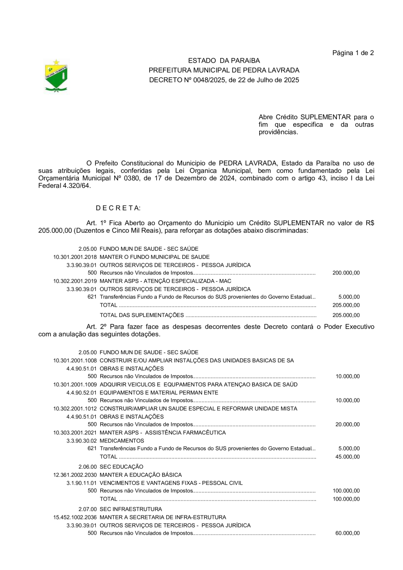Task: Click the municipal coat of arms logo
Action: coord(56,76)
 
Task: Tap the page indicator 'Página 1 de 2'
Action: coord(353,53)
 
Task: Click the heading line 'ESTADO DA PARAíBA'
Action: coord(223,61)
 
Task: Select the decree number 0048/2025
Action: coord(207,80)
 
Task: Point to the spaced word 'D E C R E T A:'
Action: coord(118,208)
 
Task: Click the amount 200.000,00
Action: coord(346,273)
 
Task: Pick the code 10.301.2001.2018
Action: coord(75,257)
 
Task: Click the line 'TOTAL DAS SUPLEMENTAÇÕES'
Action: coord(141,315)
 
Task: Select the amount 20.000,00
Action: coord(347,424)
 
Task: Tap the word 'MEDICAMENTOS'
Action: coord(122,441)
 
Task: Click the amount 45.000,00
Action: coord(347,457)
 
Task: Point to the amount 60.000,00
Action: coord(347,533)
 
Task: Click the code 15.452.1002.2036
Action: coord(75,517)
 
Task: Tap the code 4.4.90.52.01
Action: coord(81,393)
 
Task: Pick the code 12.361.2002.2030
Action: coord(75,475)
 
